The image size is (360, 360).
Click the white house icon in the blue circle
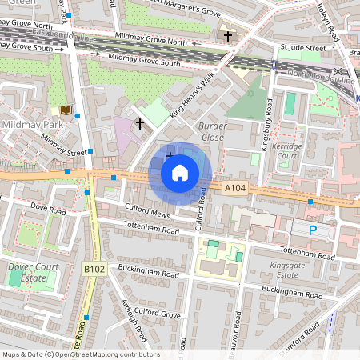[x=180, y=173]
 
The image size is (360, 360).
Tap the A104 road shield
[x=234, y=187]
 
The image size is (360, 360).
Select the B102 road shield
[x=93, y=270]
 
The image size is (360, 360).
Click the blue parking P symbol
[x=313, y=230]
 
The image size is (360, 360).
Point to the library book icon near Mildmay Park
[x=64, y=110]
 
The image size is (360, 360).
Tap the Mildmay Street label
[x=63, y=145]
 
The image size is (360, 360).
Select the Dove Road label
[x=46, y=210]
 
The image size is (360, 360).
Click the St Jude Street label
[x=302, y=48]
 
